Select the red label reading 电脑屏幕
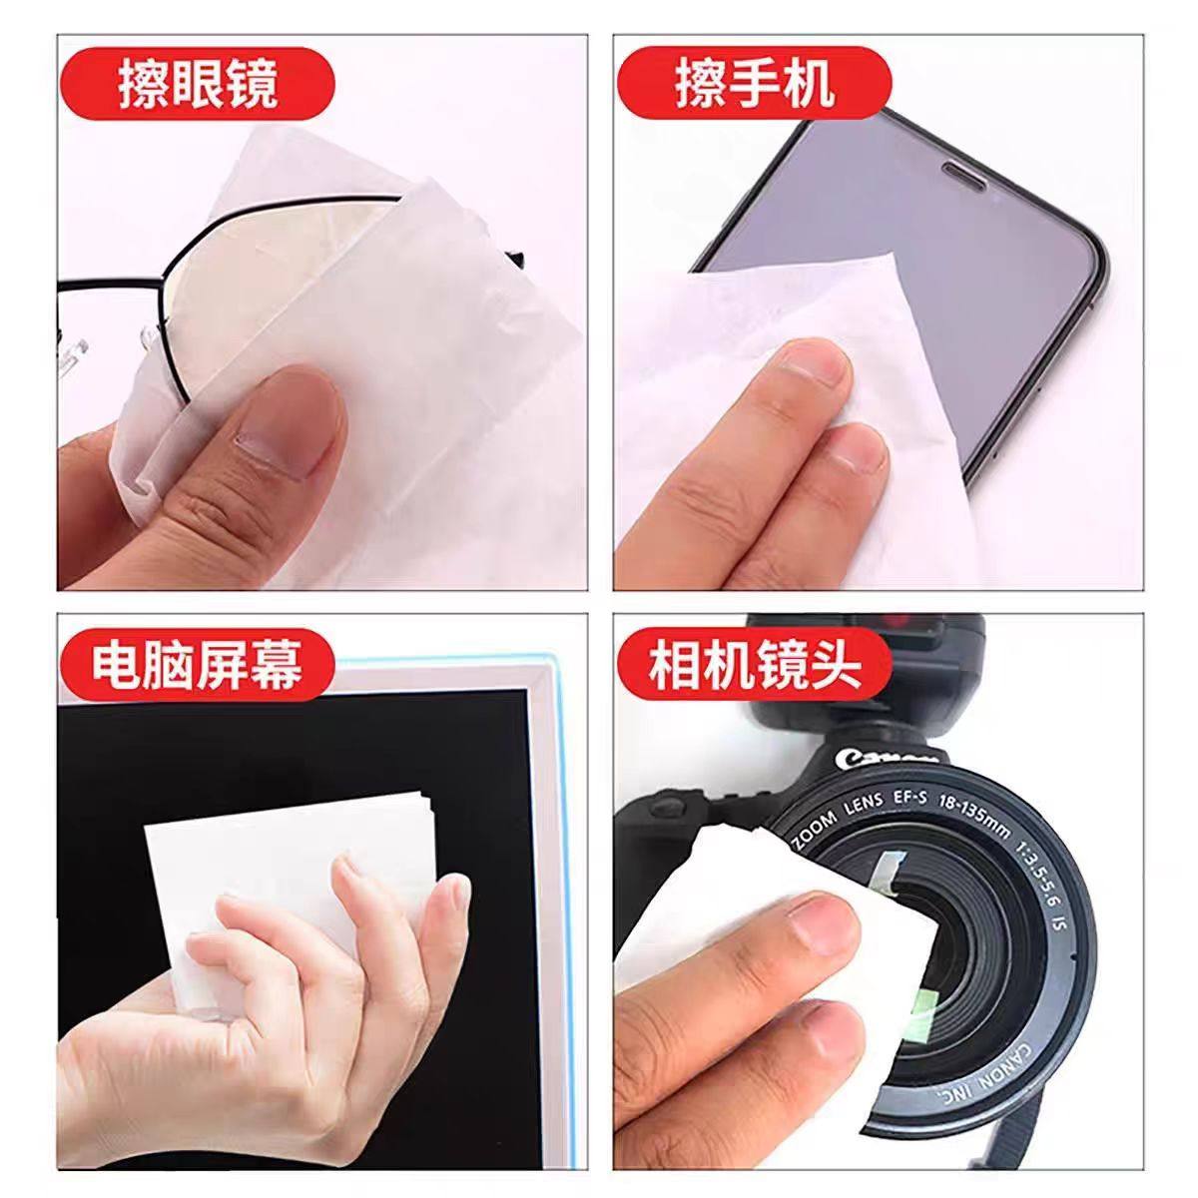pos(198,663)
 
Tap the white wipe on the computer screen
pos(280,849)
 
